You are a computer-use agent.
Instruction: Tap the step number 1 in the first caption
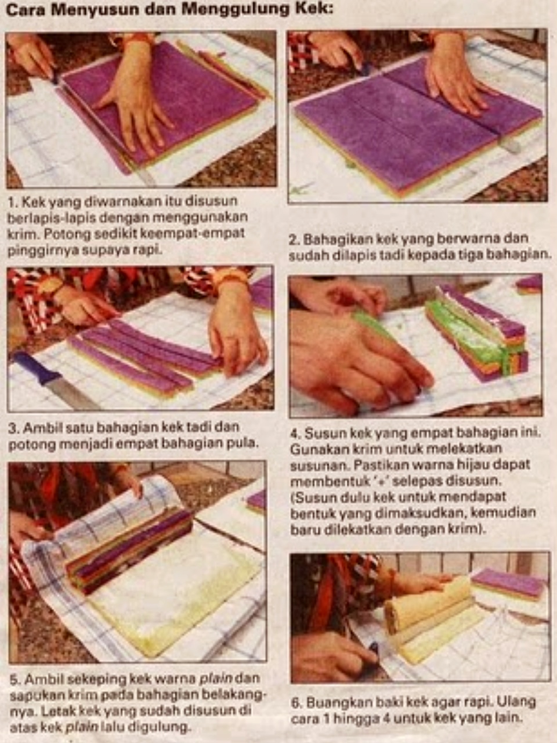pos(12,202)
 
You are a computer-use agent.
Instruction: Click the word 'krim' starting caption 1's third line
pos(21,235)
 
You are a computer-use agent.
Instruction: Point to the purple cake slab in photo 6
pos(508,582)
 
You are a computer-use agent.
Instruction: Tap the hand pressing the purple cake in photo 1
pos(133,99)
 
